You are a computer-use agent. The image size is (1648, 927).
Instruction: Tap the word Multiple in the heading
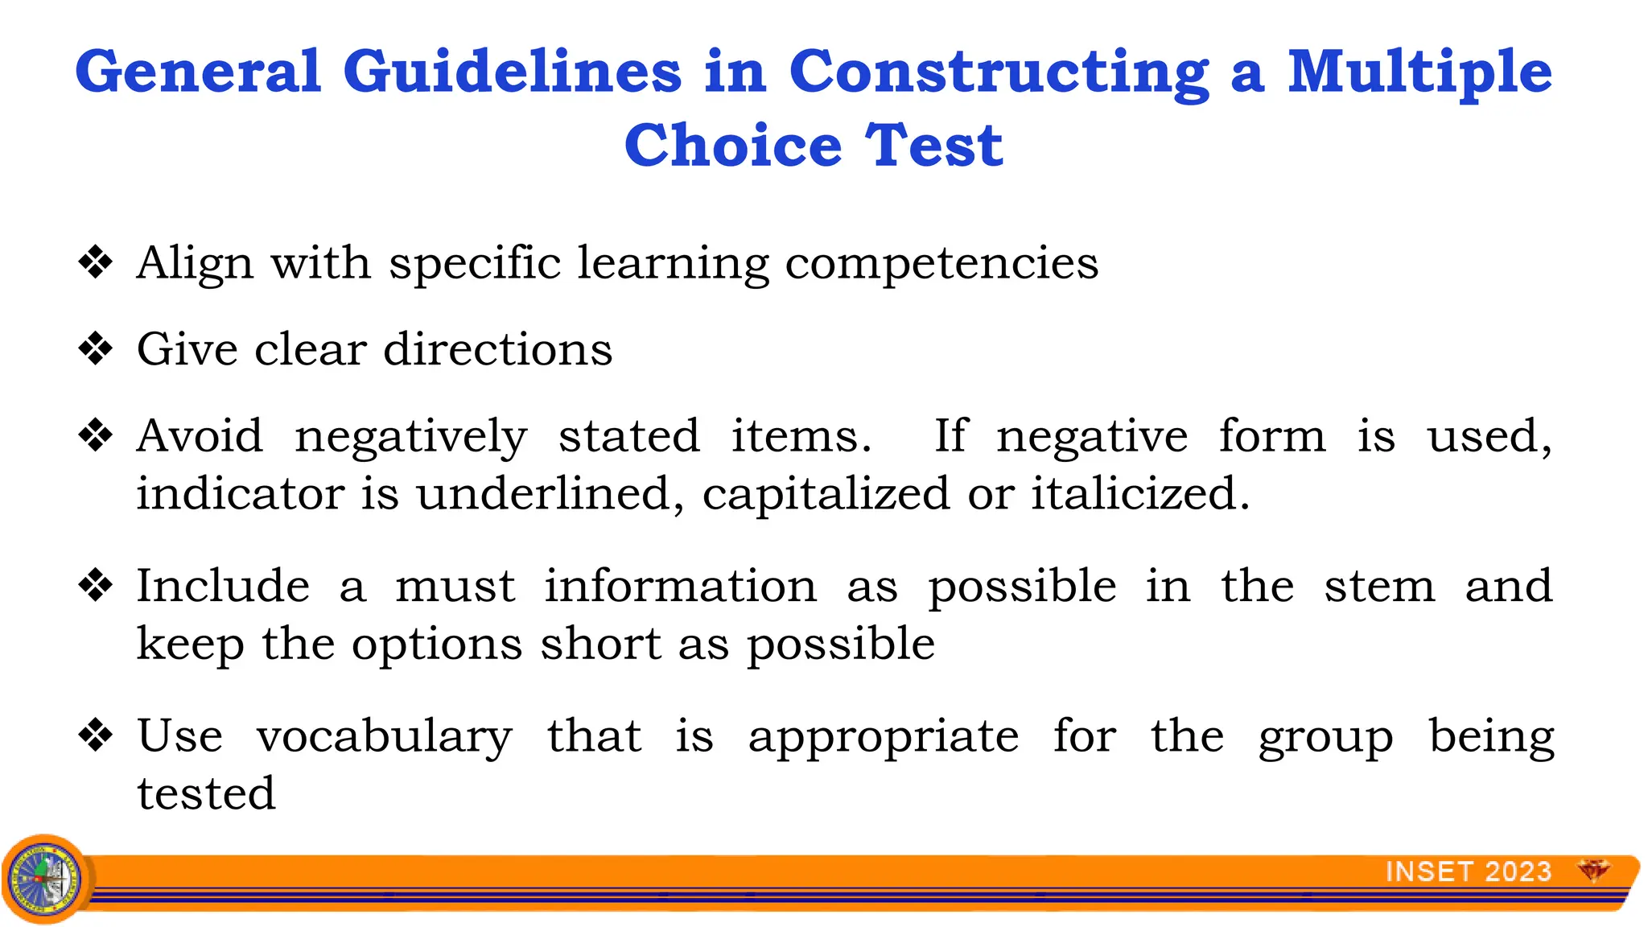[1419, 72]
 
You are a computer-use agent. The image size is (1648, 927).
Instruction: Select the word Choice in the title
[732, 146]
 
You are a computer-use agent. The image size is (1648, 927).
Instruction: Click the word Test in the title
[933, 146]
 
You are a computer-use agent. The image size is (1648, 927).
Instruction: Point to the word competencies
[941, 264]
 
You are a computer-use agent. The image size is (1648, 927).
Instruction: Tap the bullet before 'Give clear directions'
[96, 348]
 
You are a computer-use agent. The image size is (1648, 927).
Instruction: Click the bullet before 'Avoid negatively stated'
[96, 435]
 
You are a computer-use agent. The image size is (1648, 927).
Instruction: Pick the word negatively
[410, 437]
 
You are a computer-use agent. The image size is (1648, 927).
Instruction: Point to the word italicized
[1140, 493]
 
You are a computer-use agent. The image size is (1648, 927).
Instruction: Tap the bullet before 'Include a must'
[96, 585]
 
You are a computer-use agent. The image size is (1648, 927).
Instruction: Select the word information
[680, 586]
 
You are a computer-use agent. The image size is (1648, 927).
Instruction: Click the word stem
[1379, 586]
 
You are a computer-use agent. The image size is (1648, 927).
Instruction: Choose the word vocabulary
[384, 737]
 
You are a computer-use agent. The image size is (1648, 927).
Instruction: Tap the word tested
[206, 793]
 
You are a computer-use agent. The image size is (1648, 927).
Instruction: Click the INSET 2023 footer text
[1468, 871]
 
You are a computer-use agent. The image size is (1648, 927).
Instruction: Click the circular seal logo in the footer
[45, 879]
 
